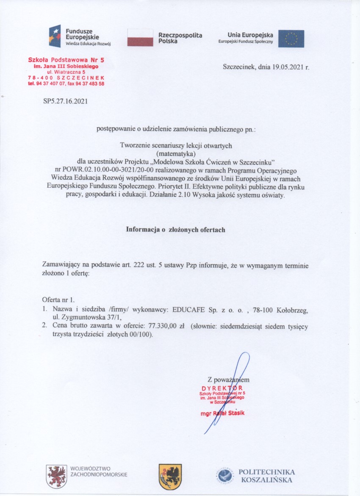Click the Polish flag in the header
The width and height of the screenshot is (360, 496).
140,37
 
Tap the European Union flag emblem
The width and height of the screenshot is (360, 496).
291,39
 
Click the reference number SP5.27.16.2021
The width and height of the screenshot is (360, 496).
66,101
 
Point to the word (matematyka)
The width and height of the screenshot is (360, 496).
176,153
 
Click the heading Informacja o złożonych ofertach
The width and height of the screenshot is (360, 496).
176,229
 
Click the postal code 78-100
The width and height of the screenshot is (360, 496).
252,310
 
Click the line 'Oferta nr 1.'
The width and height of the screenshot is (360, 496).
58,300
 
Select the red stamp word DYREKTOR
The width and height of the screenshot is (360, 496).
222,388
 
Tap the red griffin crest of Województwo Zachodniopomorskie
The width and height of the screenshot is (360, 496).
56,475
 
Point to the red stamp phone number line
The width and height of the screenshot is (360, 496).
66,84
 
